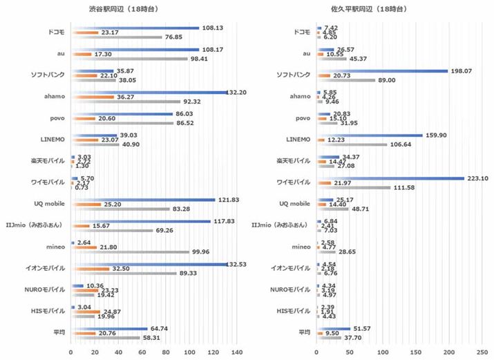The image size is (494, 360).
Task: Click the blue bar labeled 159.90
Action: pos(370,135)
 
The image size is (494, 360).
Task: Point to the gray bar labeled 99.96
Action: pos(130,252)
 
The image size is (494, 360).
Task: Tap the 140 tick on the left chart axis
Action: pos(237,352)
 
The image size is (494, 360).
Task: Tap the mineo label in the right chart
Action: pos(301,247)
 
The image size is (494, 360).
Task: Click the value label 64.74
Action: pos(158,329)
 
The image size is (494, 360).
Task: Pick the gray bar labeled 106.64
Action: pos(352,144)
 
